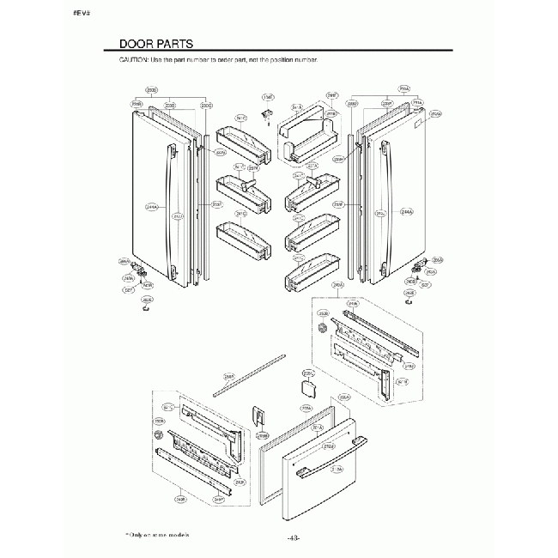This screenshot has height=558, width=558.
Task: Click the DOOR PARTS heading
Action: tap(155, 43)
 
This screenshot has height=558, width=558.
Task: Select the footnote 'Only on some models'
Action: tap(156, 533)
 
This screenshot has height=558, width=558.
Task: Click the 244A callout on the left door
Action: tap(151, 207)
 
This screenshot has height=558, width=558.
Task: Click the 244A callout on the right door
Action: tap(406, 211)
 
